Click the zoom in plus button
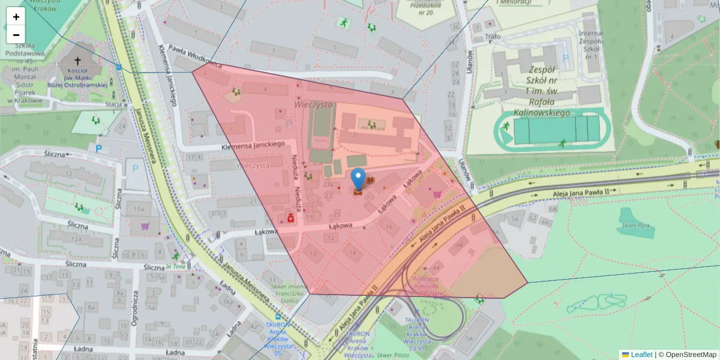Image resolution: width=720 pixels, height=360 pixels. coord(16,17)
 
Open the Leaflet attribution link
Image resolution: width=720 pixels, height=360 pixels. coord(641,355)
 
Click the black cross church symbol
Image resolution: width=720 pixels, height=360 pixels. coord(77,61)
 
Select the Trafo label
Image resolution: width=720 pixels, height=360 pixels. coord(492,37)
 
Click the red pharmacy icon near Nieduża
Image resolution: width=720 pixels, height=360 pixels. coord(290,218)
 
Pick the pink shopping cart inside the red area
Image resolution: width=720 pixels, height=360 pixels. coord(437,194)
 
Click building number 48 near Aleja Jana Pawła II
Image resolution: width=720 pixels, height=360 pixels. coord(460,245)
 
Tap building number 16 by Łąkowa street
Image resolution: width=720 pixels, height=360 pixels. coord(389,227)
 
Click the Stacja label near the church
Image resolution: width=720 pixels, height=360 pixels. coord(113,104)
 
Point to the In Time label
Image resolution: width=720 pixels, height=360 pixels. coord(176,266)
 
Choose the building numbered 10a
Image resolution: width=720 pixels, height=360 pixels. coord(139,209)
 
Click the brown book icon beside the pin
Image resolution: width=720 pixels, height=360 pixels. coord(371,180)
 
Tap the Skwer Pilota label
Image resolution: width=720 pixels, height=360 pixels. coord(393,355)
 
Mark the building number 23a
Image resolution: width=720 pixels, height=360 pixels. coord(328,185)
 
